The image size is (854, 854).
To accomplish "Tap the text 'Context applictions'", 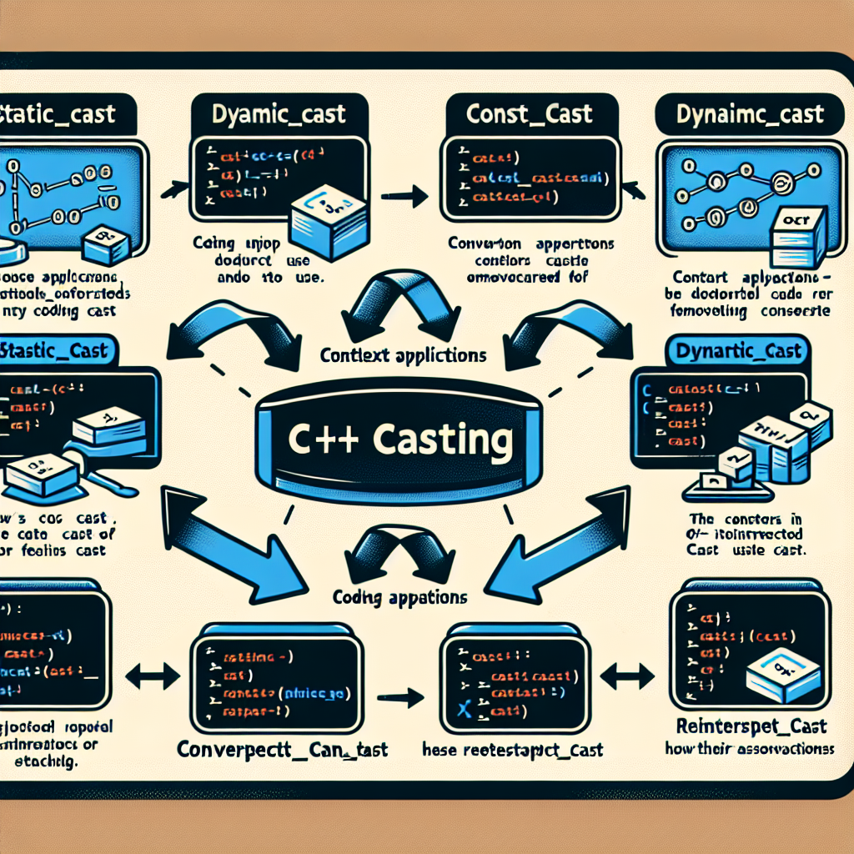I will point(403,354).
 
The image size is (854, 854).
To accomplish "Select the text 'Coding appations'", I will point(399,597).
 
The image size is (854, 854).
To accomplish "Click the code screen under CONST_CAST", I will point(530,178).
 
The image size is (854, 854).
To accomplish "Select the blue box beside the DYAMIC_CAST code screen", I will point(329,219).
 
